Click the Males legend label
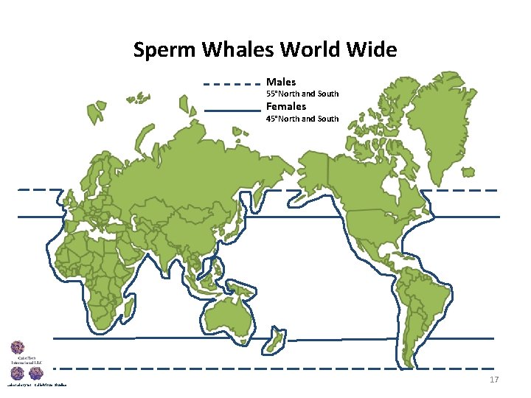click(x=280, y=82)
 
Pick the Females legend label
click(x=285, y=106)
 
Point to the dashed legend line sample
click(x=231, y=84)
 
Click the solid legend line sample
click(x=231, y=111)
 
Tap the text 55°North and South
click(x=302, y=94)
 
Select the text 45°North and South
click(x=302, y=119)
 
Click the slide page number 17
click(x=494, y=380)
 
